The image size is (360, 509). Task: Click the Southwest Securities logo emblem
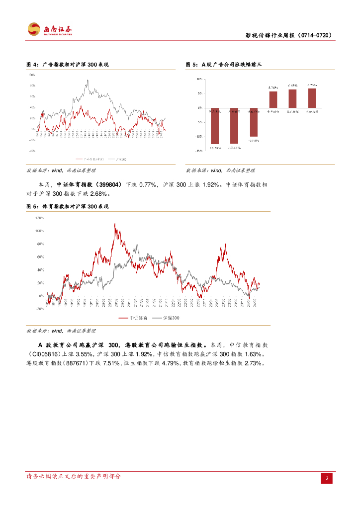click(33, 29)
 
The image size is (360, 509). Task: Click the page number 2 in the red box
click(327, 478)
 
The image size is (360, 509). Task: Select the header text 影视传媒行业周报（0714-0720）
click(289, 35)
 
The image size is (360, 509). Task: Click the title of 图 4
click(67, 65)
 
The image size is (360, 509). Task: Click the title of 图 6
click(67, 206)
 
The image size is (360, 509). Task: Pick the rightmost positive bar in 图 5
click(312, 98)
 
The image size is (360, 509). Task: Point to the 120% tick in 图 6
click(39, 218)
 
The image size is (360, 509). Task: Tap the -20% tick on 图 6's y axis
click(39, 308)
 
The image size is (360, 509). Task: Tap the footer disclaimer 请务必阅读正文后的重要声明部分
click(74, 476)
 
